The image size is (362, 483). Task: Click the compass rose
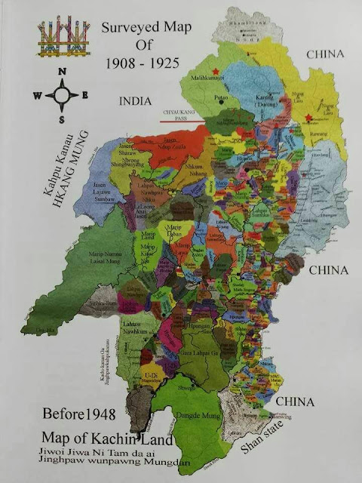pyautogui.click(x=61, y=96)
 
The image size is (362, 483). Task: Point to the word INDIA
pyautogui.click(x=135, y=100)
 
